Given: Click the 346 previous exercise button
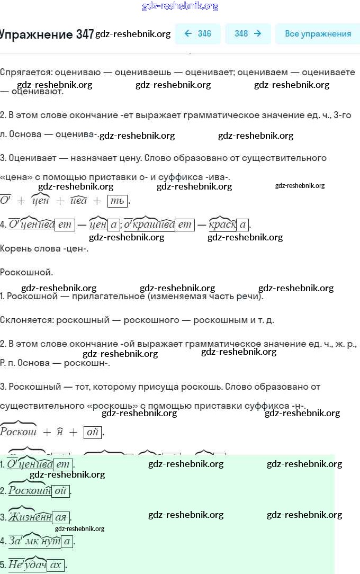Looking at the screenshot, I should (x=197, y=34).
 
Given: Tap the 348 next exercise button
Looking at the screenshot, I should (x=248, y=34).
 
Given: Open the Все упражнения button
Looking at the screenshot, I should (x=318, y=34).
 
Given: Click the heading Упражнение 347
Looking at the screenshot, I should (x=47, y=34).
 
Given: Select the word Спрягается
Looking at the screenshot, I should (x=26, y=72).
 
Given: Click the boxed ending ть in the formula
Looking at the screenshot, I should (x=117, y=201).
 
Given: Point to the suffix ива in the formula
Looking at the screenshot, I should (x=78, y=201).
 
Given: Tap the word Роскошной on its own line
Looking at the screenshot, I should (x=26, y=272).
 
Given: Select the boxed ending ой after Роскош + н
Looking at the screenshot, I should (x=92, y=432).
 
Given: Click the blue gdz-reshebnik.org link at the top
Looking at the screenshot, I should (x=180, y=6).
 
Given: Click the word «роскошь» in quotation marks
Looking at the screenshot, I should (x=113, y=406).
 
